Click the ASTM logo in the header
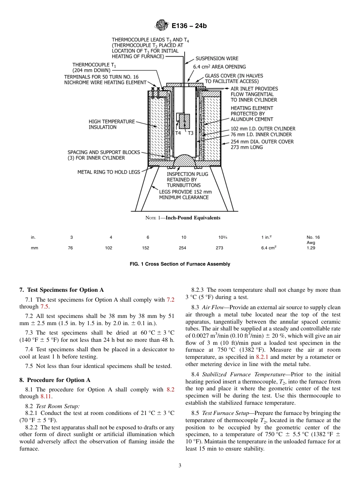[x=162, y=26]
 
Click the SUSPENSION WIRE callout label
[x=217, y=58]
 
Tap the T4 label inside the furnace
[x=178, y=133]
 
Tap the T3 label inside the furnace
[x=190, y=133]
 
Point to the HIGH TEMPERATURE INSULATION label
[x=111, y=124]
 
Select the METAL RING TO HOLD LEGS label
[x=109, y=172]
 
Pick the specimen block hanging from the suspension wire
[x=184, y=121]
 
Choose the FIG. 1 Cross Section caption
[x=180, y=264]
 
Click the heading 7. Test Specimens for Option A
[x=61, y=290]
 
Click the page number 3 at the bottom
[x=180, y=466]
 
